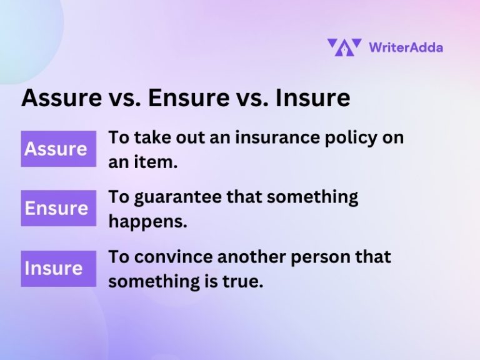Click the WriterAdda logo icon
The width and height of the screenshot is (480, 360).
(x=344, y=47)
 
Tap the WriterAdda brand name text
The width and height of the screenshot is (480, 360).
(x=406, y=47)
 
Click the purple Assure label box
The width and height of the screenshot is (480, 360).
(x=58, y=149)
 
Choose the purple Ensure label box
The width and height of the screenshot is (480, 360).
(x=58, y=208)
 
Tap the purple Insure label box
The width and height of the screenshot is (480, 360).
(x=58, y=268)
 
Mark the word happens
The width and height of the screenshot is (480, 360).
(x=147, y=221)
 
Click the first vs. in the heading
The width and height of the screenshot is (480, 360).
(x=128, y=98)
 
